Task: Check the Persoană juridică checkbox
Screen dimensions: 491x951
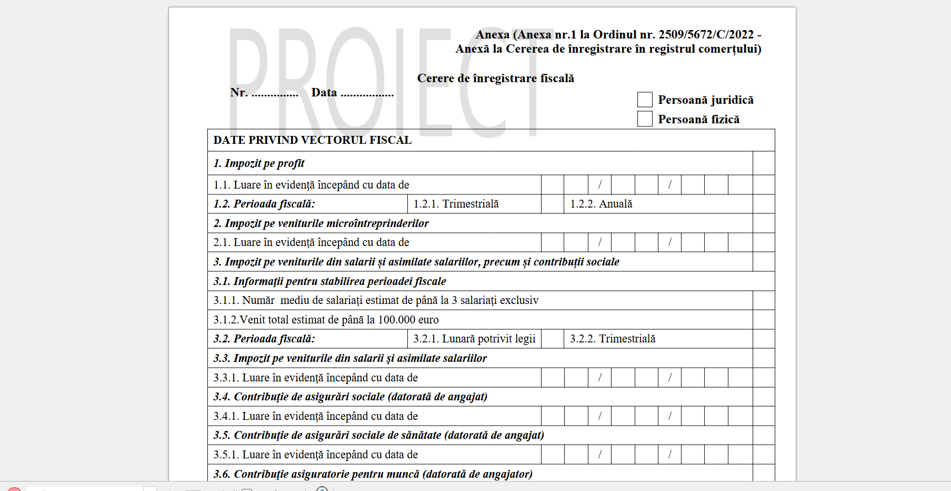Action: pyautogui.click(x=645, y=100)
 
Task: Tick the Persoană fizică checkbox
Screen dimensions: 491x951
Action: pyautogui.click(x=645, y=119)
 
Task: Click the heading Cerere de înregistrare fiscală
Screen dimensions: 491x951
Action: pyautogui.click(x=495, y=78)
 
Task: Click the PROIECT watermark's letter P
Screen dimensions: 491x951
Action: pyautogui.click(x=249, y=79)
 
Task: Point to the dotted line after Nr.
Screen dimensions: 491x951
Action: pyautogui.click(x=275, y=95)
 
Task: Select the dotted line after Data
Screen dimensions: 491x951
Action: pyautogui.click(x=367, y=95)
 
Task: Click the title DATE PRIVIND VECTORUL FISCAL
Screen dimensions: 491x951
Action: pyautogui.click(x=312, y=140)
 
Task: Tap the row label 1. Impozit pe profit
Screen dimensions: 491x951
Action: pyautogui.click(x=258, y=163)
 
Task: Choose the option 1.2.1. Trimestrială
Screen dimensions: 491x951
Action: pyautogui.click(x=456, y=204)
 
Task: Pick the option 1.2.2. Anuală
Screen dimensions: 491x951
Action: pyautogui.click(x=601, y=204)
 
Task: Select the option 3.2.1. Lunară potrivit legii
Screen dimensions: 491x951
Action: pyautogui.click(x=474, y=339)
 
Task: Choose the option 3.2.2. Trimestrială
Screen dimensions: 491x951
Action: pyautogui.click(x=613, y=339)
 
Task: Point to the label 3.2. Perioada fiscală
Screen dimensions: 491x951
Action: pyautogui.click(x=264, y=339)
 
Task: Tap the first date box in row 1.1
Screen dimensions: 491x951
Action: pyautogui.click(x=553, y=185)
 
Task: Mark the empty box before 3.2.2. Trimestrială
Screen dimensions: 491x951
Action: pyautogui.click(x=553, y=339)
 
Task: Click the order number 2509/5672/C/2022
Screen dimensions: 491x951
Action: pyautogui.click(x=706, y=35)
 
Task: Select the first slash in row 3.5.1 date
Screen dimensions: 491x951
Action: pyautogui.click(x=600, y=455)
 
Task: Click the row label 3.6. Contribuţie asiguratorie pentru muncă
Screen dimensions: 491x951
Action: pyautogui.click(x=373, y=474)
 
